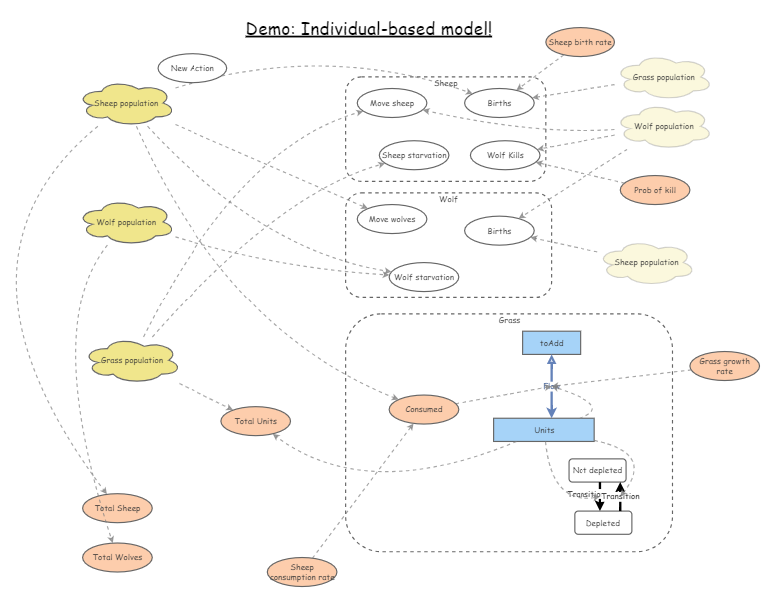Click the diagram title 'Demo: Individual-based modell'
click(x=369, y=28)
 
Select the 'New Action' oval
click(x=193, y=69)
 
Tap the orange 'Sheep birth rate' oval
click(x=580, y=42)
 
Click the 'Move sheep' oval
click(x=392, y=103)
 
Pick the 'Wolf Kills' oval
click(x=505, y=155)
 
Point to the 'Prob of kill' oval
click(x=654, y=189)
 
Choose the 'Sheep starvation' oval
click(x=414, y=155)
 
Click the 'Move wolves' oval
click(x=392, y=219)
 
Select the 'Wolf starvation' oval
click(x=424, y=277)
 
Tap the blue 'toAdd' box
click(x=551, y=343)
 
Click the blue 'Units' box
click(x=544, y=430)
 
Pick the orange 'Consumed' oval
click(x=424, y=409)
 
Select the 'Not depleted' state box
click(x=597, y=470)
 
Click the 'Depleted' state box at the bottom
click(x=602, y=522)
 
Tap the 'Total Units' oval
click(x=256, y=421)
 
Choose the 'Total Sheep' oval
click(x=117, y=508)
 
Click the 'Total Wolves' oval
click(x=117, y=556)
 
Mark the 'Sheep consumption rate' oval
click(x=302, y=572)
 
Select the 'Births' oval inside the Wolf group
click(x=499, y=231)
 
